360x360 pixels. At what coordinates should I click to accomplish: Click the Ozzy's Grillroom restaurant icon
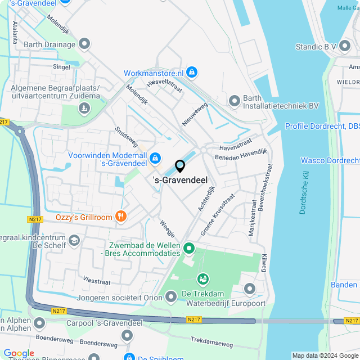pos(120,216)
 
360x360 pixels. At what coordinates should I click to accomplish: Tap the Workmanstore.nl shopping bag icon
pos(192,73)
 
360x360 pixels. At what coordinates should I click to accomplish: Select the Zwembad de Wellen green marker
pos(189,247)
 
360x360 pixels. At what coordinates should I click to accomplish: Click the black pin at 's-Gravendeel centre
pos(180,166)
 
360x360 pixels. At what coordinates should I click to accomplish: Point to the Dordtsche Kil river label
pos(304,194)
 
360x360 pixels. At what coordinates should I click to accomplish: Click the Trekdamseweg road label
pos(211,341)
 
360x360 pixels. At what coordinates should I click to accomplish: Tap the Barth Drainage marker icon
pos(85,43)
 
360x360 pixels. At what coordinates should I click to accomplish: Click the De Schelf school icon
pos(73,241)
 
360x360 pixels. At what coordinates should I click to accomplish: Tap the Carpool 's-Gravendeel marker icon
pos(39,323)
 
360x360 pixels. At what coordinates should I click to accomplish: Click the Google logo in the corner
pos(19,353)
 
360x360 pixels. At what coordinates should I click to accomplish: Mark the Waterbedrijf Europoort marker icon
pos(250,289)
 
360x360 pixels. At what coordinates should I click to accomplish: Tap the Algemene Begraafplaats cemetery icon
pos(84,107)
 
